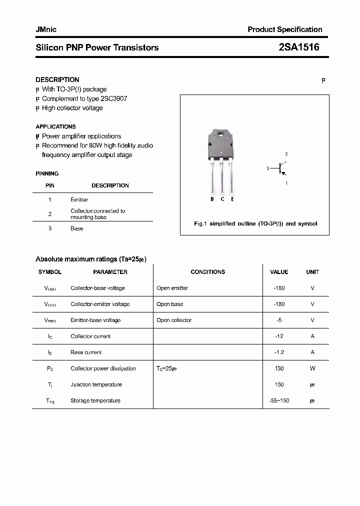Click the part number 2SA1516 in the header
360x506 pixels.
click(x=298, y=47)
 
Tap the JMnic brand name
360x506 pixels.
click(x=46, y=29)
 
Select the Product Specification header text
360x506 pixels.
click(x=285, y=29)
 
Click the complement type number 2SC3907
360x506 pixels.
click(x=112, y=98)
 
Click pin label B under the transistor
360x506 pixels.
click(x=212, y=199)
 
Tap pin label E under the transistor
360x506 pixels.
click(x=232, y=199)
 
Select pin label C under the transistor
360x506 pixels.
click(x=222, y=199)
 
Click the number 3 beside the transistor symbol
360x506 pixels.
click(x=268, y=169)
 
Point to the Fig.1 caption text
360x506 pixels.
click(x=255, y=223)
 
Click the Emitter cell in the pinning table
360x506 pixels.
click(x=79, y=199)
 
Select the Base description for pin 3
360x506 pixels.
click(x=76, y=228)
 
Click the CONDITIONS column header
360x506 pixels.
click(x=207, y=272)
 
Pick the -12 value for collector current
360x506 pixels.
click(x=279, y=336)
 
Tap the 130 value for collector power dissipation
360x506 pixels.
click(x=279, y=368)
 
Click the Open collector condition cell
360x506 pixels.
click(x=173, y=320)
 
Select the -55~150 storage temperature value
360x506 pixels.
click(x=279, y=400)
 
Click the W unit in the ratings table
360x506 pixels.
click(x=312, y=368)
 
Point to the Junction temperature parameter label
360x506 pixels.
click(x=96, y=384)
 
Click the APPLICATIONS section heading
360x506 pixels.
click(x=55, y=126)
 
